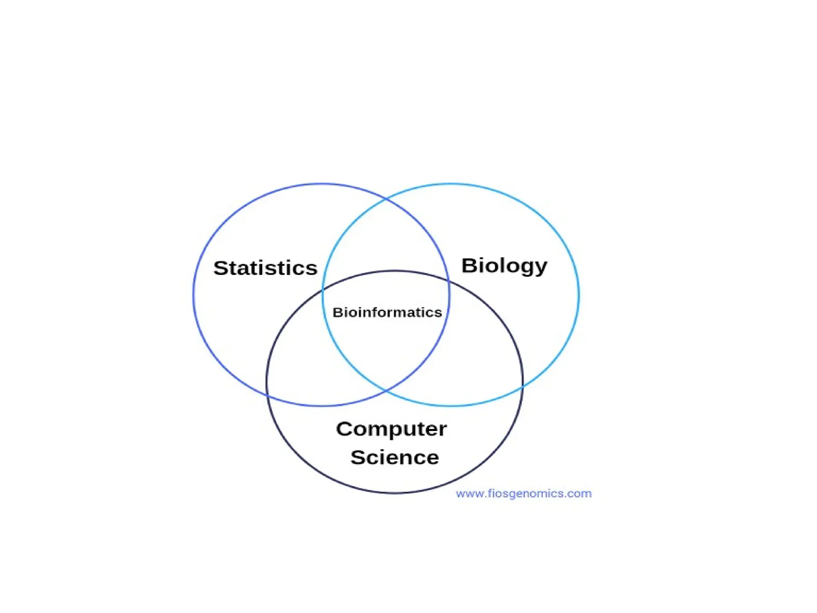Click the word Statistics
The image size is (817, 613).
pos(265,268)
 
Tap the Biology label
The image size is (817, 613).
pos(504,266)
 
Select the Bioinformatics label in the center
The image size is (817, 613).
pos(387,312)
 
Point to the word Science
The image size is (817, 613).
pos(395,457)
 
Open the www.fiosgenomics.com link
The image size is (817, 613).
pos(524,494)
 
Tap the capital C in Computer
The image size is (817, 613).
pos(344,429)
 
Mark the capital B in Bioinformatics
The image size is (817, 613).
pos(337,312)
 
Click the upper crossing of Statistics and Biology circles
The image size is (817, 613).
pos(386,198)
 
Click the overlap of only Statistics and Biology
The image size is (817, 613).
pos(385,239)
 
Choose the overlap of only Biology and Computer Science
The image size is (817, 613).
pos(479,351)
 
